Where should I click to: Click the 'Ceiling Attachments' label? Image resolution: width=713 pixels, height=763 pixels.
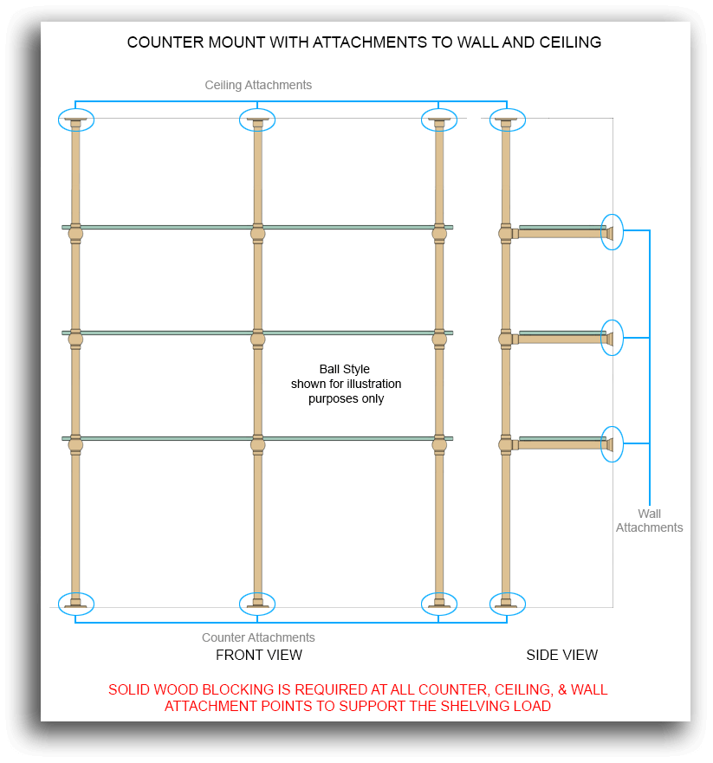pos(258,85)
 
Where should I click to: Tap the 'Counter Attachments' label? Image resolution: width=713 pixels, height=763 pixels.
pos(258,637)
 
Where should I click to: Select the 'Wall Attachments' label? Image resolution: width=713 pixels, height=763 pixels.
pos(649,521)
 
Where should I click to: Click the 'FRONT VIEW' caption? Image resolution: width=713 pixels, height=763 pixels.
pos(259,655)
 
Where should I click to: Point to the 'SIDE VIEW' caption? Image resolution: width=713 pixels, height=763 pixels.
pos(561,655)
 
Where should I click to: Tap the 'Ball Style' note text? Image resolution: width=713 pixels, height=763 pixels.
pos(345,369)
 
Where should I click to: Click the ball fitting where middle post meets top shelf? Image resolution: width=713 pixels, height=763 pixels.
pos(258,234)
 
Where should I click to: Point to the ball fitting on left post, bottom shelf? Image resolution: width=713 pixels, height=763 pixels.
pos(75,445)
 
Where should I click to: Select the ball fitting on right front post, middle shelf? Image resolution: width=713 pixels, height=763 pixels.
pos(439,339)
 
